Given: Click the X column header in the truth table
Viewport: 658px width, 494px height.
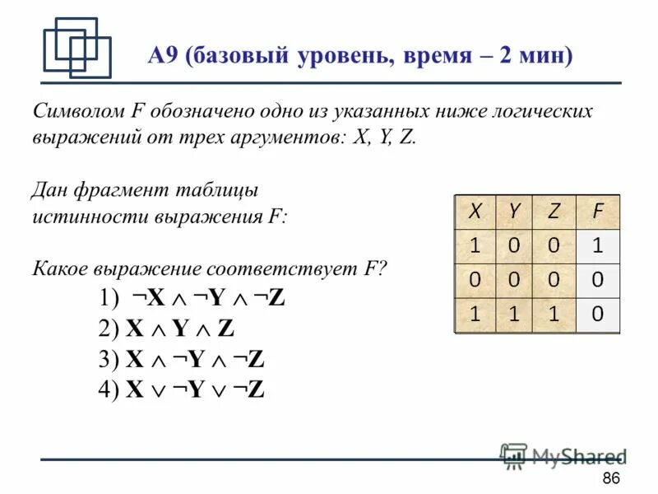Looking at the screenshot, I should click(x=475, y=211).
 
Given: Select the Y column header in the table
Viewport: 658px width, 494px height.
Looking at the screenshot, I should click(x=514, y=211).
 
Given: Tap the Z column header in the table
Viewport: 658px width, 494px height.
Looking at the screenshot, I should click(x=554, y=211).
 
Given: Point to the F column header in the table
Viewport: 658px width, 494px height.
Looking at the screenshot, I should click(x=598, y=211).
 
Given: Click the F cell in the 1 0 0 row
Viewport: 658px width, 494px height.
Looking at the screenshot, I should click(x=598, y=245).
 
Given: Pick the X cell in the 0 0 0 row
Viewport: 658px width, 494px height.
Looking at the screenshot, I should click(x=475, y=280).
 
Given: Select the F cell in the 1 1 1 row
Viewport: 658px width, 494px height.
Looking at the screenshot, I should click(x=598, y=314).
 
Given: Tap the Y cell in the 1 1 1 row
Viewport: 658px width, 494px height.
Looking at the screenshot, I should click(x=514, y=314).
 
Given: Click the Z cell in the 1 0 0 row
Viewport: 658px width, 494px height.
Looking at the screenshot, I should click(x=554, y=245).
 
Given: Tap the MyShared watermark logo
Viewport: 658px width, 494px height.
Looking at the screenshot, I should click(x=564, y=456).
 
